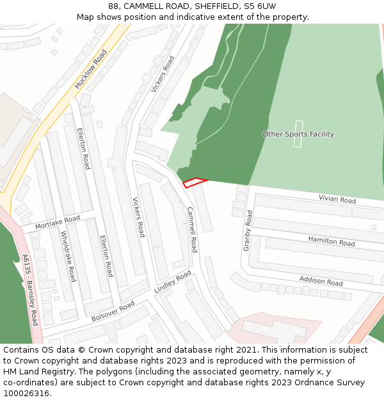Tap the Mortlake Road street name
[x=58, y=222]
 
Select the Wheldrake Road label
[x=68, y=256]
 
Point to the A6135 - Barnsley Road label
[x=30, y=290]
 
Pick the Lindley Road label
[x=173, y=282]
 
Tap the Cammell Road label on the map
[x=192, y=229]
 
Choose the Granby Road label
[x=247, y=230]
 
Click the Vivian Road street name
[x=337, y=200]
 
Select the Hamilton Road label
[x=332, y=241]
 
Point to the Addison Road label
[x=321, y=280]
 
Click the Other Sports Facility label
[x=298, y=134]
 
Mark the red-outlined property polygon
[x=195, y=182]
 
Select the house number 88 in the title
[x=114, y=6]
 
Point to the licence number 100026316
[x=26, y=393]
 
